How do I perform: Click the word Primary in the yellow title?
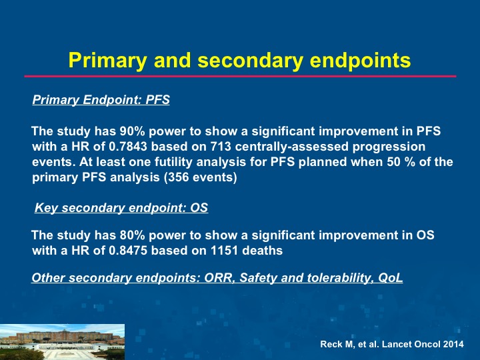click(x=107, y=60)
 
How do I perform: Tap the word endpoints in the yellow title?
click(x=360, y=60)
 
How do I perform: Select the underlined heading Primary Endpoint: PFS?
click(x=101, y=100)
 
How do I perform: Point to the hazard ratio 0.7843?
click(x=128, y=146)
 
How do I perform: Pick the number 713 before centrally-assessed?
click(x=221, y=146)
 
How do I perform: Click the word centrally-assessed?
click(x=292, y=147)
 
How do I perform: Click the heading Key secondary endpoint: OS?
click(x=121, y=207)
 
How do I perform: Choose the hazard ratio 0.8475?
click(x=128, y=251)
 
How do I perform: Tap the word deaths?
click(x=263, y=251)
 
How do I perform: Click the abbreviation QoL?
click(x=390, y=277)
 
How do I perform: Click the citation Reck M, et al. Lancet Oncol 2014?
click(x=392, y=344)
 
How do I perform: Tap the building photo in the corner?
click(x=62, y=342)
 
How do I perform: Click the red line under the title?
click(x=240, y=76)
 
